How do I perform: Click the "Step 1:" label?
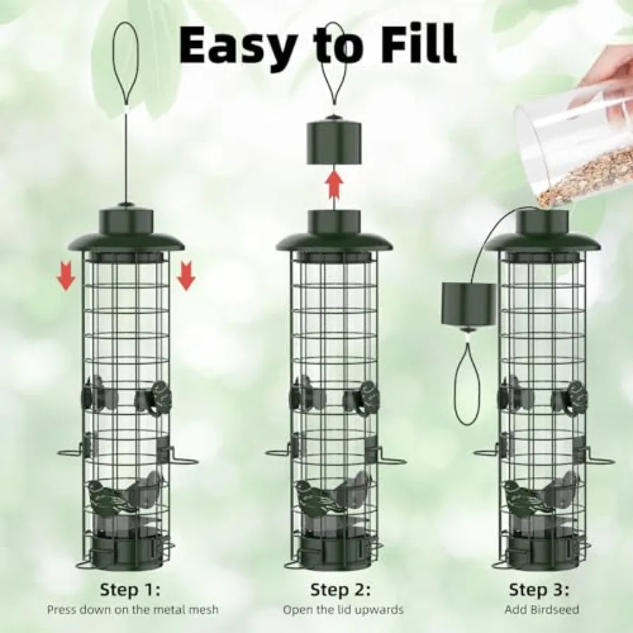[x=130, y=589]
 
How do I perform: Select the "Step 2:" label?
[x=341, y=589]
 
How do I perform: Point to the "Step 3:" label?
[x=539, y=589]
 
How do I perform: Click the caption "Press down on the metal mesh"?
[x=132, y=610]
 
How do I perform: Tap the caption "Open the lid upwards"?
[x=343, y=610]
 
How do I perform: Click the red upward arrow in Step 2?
[x=335, y=186]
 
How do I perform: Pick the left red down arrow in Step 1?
[x=66, y=276]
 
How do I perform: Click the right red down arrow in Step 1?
[x=186, y=276]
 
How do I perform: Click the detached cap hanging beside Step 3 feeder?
[x=468, y=303]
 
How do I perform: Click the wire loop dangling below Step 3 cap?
[x=467, y=383]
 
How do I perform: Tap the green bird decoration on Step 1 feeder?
[x=113, y=496]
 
